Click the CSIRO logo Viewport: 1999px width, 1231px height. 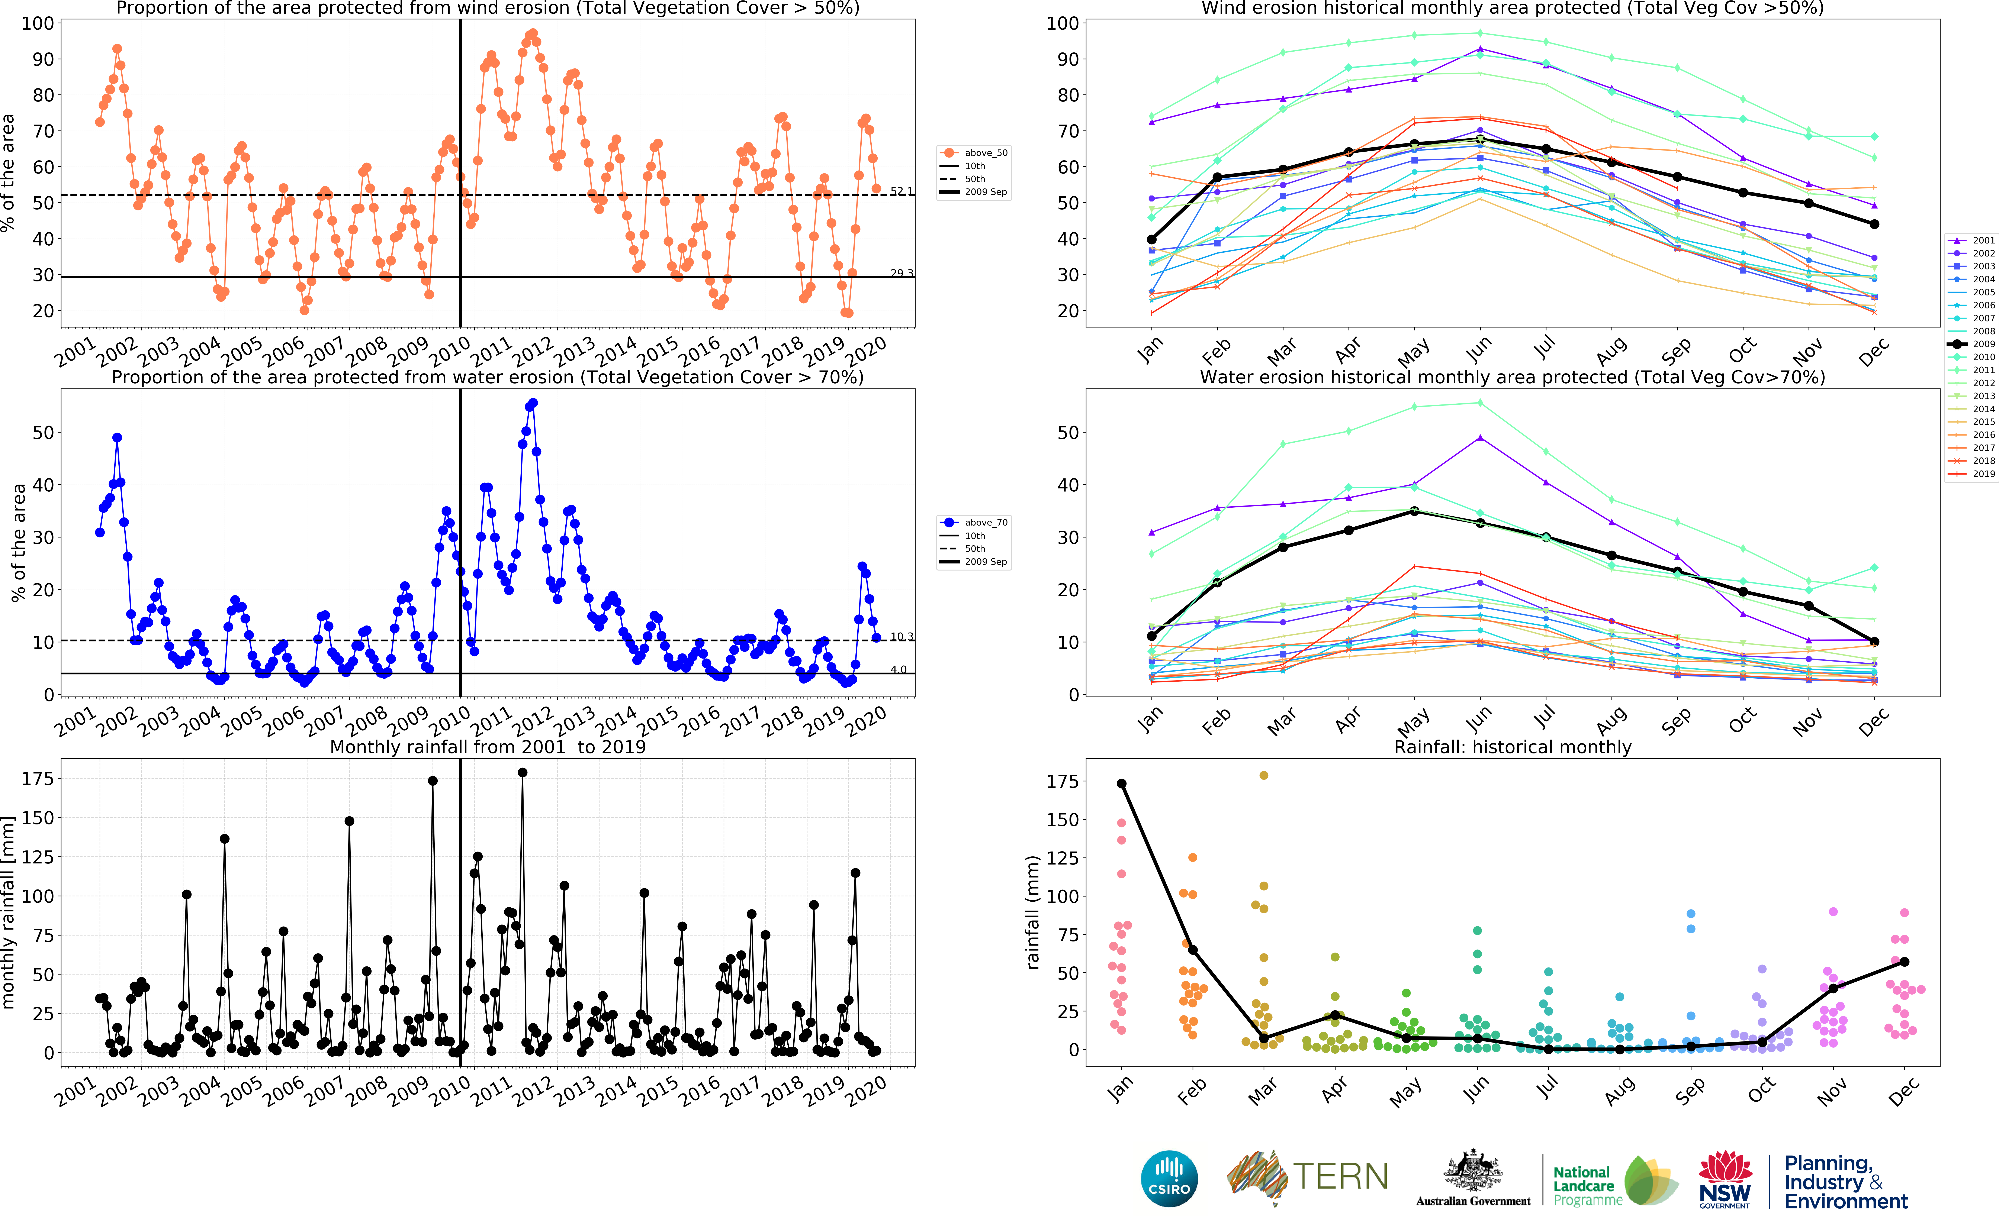[1169, 1178]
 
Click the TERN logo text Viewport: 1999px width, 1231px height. [1340, 1176]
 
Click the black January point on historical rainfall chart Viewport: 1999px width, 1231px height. [1121, 783]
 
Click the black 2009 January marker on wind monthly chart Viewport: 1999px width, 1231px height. [1151, 239]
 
